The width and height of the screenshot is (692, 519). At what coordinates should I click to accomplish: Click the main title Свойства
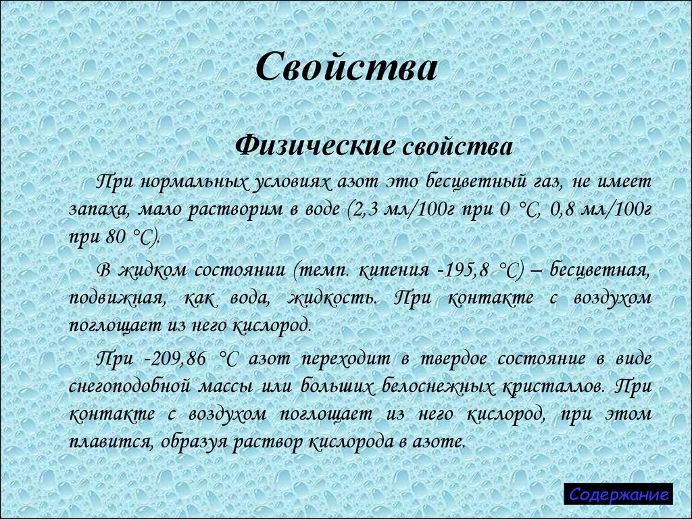(347, 68)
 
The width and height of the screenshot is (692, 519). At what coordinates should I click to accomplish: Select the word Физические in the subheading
(314, 144)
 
